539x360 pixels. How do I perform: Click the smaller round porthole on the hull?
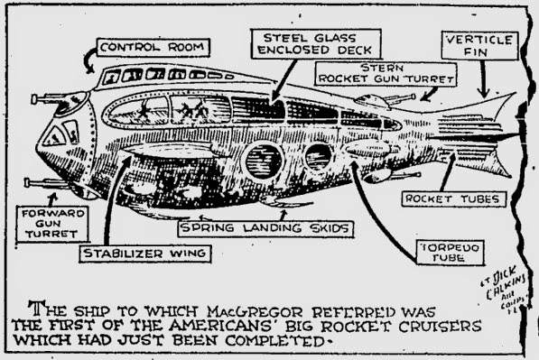[x=318, y=157]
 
